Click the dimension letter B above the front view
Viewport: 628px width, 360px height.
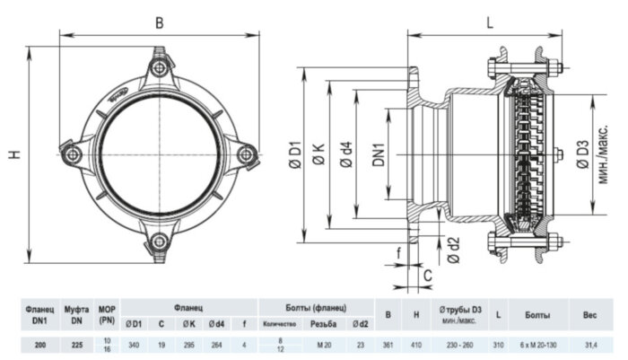[x=159, y=23]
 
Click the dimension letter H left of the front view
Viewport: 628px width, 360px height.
[x=15, y=154]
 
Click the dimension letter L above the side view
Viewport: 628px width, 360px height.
[x=490, y=23]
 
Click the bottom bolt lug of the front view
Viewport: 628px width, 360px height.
[x=159, y=241]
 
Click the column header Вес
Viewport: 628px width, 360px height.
[x=589, y=315]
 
